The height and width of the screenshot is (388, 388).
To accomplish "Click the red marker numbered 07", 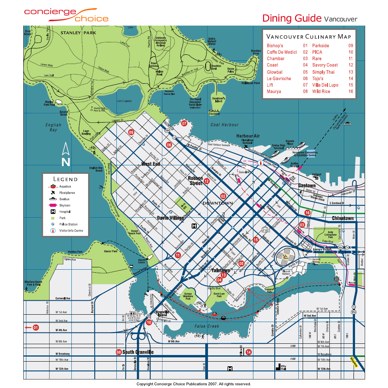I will tap(184, 124).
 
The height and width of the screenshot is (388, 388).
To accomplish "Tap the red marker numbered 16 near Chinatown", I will tap(307, 213).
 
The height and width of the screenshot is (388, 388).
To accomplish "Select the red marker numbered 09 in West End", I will tap(131, 132).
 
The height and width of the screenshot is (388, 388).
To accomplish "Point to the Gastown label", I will tap(307, 185).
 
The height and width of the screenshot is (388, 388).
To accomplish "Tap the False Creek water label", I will tap(207, 326).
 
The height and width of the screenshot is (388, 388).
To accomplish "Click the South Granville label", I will tap(138, 352).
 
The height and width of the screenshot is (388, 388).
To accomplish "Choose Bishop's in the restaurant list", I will tap(275, 46).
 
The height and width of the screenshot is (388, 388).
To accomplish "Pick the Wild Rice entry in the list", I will tap(321, 92).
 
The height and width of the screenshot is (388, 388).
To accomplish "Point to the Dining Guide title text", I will tap(292, 18).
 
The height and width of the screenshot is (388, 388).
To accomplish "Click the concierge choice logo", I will tap(66, 14).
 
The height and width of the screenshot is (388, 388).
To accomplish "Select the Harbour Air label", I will tap(248, 136).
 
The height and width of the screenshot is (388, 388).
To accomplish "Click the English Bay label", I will tap(53, 127).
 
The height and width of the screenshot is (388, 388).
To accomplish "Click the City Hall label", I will tap(284, 367).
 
